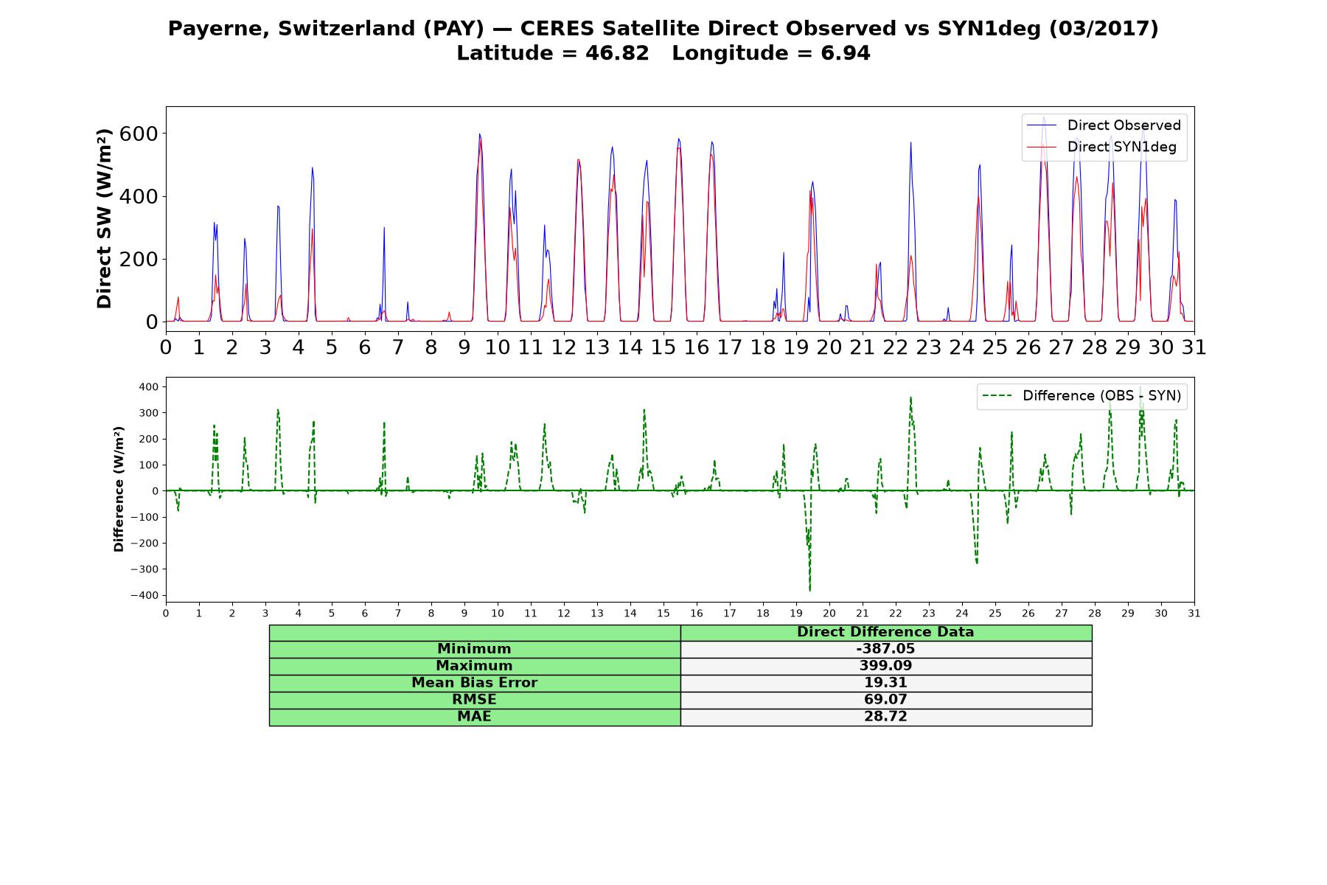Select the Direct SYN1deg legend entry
tap(1101, 147)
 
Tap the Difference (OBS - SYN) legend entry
tap(1081, 396)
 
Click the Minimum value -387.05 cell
tap(885, 649)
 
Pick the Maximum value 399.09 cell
tap(885, 666)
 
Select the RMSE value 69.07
tap(885, 699)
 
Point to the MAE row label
tap(474, 717)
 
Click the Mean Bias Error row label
tap(474, 683)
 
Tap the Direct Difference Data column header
tap(885, 632)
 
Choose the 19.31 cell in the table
tap(885, 683)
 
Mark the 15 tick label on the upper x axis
tap(663, 347)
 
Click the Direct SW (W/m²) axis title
tap(104, 218)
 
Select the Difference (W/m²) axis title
tap(119, 490)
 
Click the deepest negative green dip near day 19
tap(809, 590)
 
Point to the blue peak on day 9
tap(479, 134)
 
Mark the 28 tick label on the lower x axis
tap(1095, 614)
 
